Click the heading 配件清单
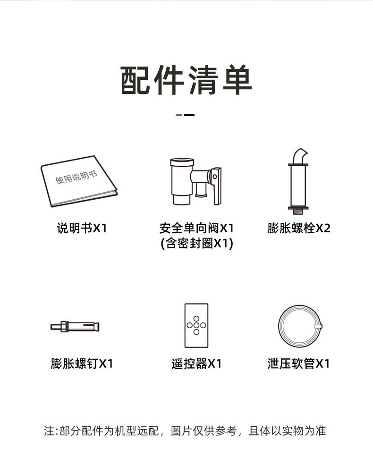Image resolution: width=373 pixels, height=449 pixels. pos(186,80)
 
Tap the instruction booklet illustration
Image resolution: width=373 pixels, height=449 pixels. pos(79,181)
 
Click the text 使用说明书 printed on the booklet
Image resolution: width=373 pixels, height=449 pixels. pos(76,177)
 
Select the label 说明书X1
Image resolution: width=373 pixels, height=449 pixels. pos(82,228)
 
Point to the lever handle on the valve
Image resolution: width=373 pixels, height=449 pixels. pos(217,186)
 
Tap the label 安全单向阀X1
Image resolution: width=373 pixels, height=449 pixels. pos(197,228)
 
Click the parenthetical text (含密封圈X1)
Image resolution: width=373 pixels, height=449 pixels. pos(197,244)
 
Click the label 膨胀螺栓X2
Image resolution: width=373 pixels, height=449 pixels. pos(299,228)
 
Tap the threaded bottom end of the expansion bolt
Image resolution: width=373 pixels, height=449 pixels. pos(298,212)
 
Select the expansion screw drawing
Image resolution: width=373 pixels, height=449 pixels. pos(75,326)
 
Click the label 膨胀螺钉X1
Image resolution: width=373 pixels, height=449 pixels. pos(82,364)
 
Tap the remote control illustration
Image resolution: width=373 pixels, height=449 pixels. pos(196,326)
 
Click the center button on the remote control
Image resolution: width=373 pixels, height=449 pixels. pos(196,325)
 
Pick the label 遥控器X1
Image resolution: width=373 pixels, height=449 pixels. pos(197,364)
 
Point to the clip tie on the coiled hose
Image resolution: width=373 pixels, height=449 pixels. pos(318,326)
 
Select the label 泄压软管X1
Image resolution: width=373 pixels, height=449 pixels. pos(299,364)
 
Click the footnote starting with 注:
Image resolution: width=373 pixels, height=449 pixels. pos(185,431)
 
